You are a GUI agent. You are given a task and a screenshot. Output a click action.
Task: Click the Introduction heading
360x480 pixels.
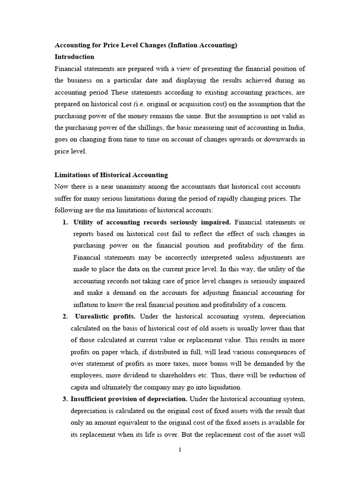75,57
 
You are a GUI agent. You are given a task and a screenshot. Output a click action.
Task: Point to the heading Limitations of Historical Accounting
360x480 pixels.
111,175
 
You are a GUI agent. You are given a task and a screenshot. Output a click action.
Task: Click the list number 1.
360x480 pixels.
65,222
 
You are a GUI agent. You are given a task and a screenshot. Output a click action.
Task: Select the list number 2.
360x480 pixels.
65,316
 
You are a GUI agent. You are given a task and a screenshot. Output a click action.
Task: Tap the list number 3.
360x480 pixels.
65,399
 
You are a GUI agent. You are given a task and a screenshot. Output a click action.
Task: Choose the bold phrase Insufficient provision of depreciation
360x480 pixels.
129,399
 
